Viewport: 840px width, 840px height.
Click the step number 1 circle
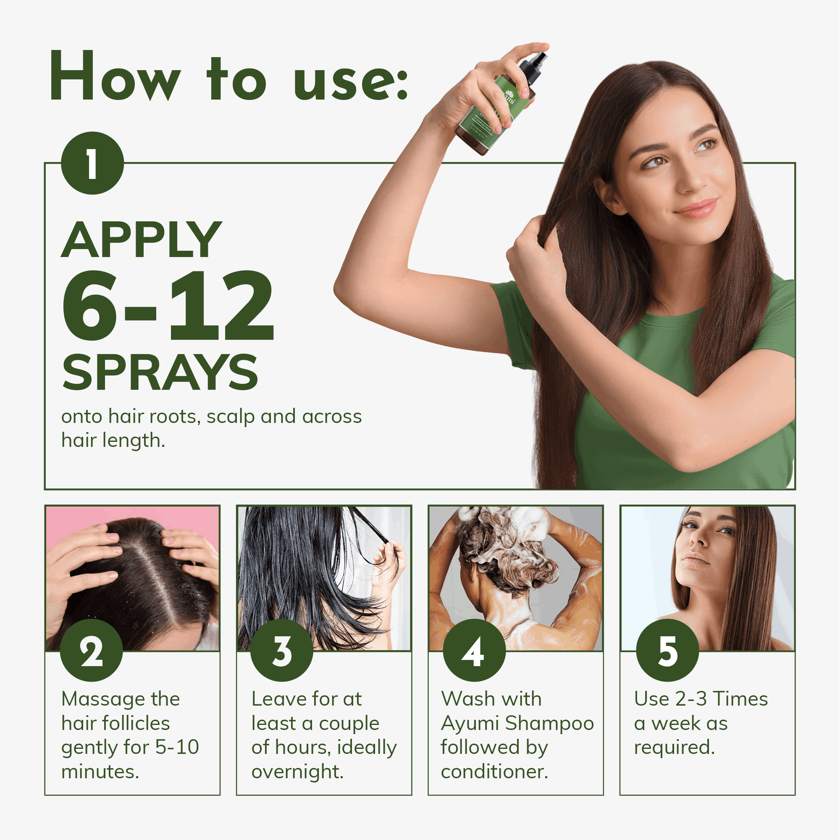click(92, 163)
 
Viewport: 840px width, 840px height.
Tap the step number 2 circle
click(91, 651)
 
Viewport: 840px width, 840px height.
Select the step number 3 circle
click(282, 651)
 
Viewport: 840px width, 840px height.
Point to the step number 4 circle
click(474, 651)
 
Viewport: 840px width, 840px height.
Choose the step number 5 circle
click(667, 651)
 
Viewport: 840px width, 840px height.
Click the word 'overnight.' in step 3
click(297, 772)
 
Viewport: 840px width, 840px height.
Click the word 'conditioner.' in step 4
click(494, 772)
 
